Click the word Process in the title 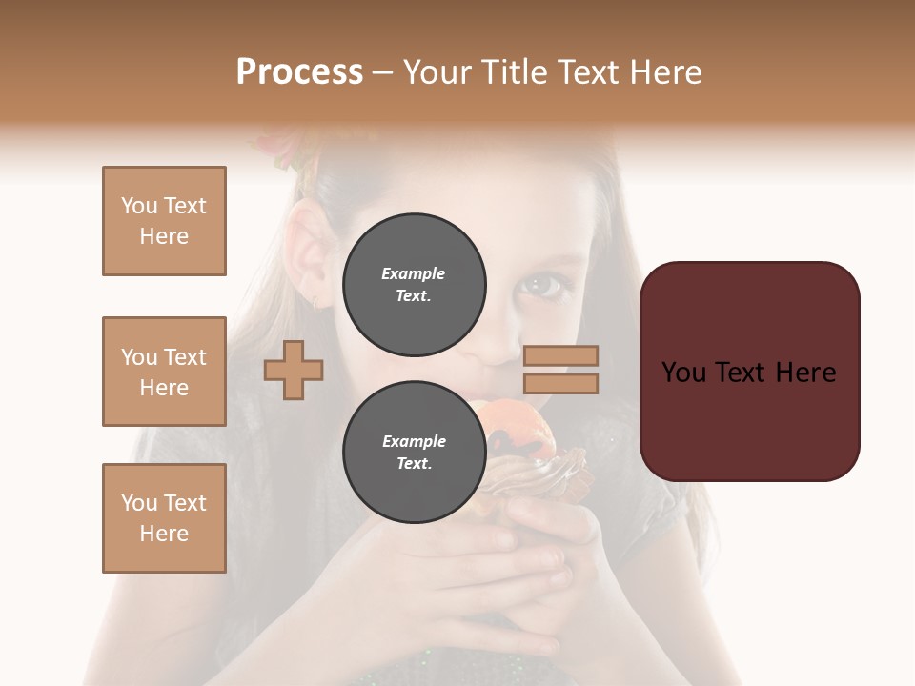click(x=299, y=72)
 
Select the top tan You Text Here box click(x=164, y=221)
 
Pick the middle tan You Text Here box click(x=164, y=372)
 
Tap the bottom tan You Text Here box click(x=164, y=518)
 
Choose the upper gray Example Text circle click(x=414, y=285)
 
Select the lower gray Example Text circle click(x=414, y=453)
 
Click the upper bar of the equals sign click(x=561, y=356)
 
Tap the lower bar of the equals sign click(x=561, y=383)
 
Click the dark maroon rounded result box click(x=749, y=372)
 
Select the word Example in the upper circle click(x=414, y=274)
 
